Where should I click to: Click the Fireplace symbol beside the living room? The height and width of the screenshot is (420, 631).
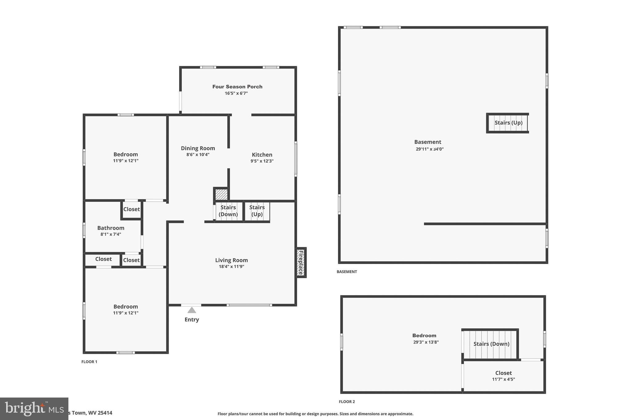(x=301, y=262)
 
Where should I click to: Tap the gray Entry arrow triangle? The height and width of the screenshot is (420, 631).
(x=192, y=310)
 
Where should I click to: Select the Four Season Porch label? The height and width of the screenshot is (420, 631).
(x=237, y=87)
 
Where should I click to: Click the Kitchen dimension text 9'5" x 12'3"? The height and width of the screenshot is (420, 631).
(x=262, y=161)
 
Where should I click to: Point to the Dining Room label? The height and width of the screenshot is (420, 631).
(x=198, y=148)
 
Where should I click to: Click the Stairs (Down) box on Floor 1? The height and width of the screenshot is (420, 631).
(x=228, y=211)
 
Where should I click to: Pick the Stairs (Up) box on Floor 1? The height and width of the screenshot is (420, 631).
(x=257, y=211)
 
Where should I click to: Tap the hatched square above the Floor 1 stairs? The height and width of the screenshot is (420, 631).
(x=221, y=194)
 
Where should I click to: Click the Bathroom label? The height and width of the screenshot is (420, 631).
(x=111, y=228)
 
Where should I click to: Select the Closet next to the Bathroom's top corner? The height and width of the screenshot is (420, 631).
(x=132, y=209)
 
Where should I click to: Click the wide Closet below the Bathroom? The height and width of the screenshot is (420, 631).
(x=103, y=259)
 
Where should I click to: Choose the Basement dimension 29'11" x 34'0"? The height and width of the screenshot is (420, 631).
(x=429, y=149)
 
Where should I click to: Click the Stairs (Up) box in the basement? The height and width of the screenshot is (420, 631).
(x=508, y=123)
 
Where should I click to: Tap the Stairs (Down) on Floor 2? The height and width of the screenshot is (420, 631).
(x=491, y=344)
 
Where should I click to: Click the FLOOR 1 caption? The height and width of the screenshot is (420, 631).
(x=89, y=362)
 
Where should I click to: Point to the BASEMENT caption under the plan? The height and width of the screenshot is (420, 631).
(x=347, y=272)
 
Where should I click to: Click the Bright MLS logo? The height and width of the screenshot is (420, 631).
(x=34, y=409)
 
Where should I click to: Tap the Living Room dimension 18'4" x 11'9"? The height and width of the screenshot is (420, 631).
(x=231, y=267)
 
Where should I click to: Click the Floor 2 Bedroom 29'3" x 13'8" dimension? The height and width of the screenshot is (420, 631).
(x=426, y=342)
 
